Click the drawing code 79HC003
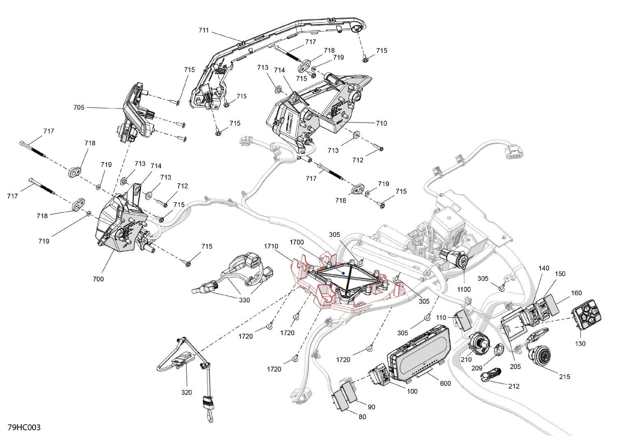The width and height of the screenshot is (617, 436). coord(24,427)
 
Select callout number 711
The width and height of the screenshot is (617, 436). coord(204,30)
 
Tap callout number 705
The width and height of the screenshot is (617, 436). coord(79,107)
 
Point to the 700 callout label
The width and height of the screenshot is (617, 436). coord(98,279)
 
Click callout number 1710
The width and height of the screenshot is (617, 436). coord(271,246)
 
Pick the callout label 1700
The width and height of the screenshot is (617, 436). coord(297,242)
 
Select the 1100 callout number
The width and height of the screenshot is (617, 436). coord(464,289)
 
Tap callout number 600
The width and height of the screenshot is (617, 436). coord(445,383)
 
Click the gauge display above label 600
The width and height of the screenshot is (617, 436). coord(420,353)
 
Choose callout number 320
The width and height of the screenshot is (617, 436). coord(186,392)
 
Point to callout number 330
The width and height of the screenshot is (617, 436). coord(244,300)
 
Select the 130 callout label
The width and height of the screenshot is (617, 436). coord(580,344)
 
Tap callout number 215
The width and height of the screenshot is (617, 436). coord(564,376)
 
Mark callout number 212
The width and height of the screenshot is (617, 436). coord(514,386)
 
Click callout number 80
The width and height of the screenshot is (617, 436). coord(362,417)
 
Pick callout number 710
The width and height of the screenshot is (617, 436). coord(381,123)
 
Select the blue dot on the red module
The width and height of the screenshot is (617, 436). coord(343,272)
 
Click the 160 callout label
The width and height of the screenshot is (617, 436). coord(576,293)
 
